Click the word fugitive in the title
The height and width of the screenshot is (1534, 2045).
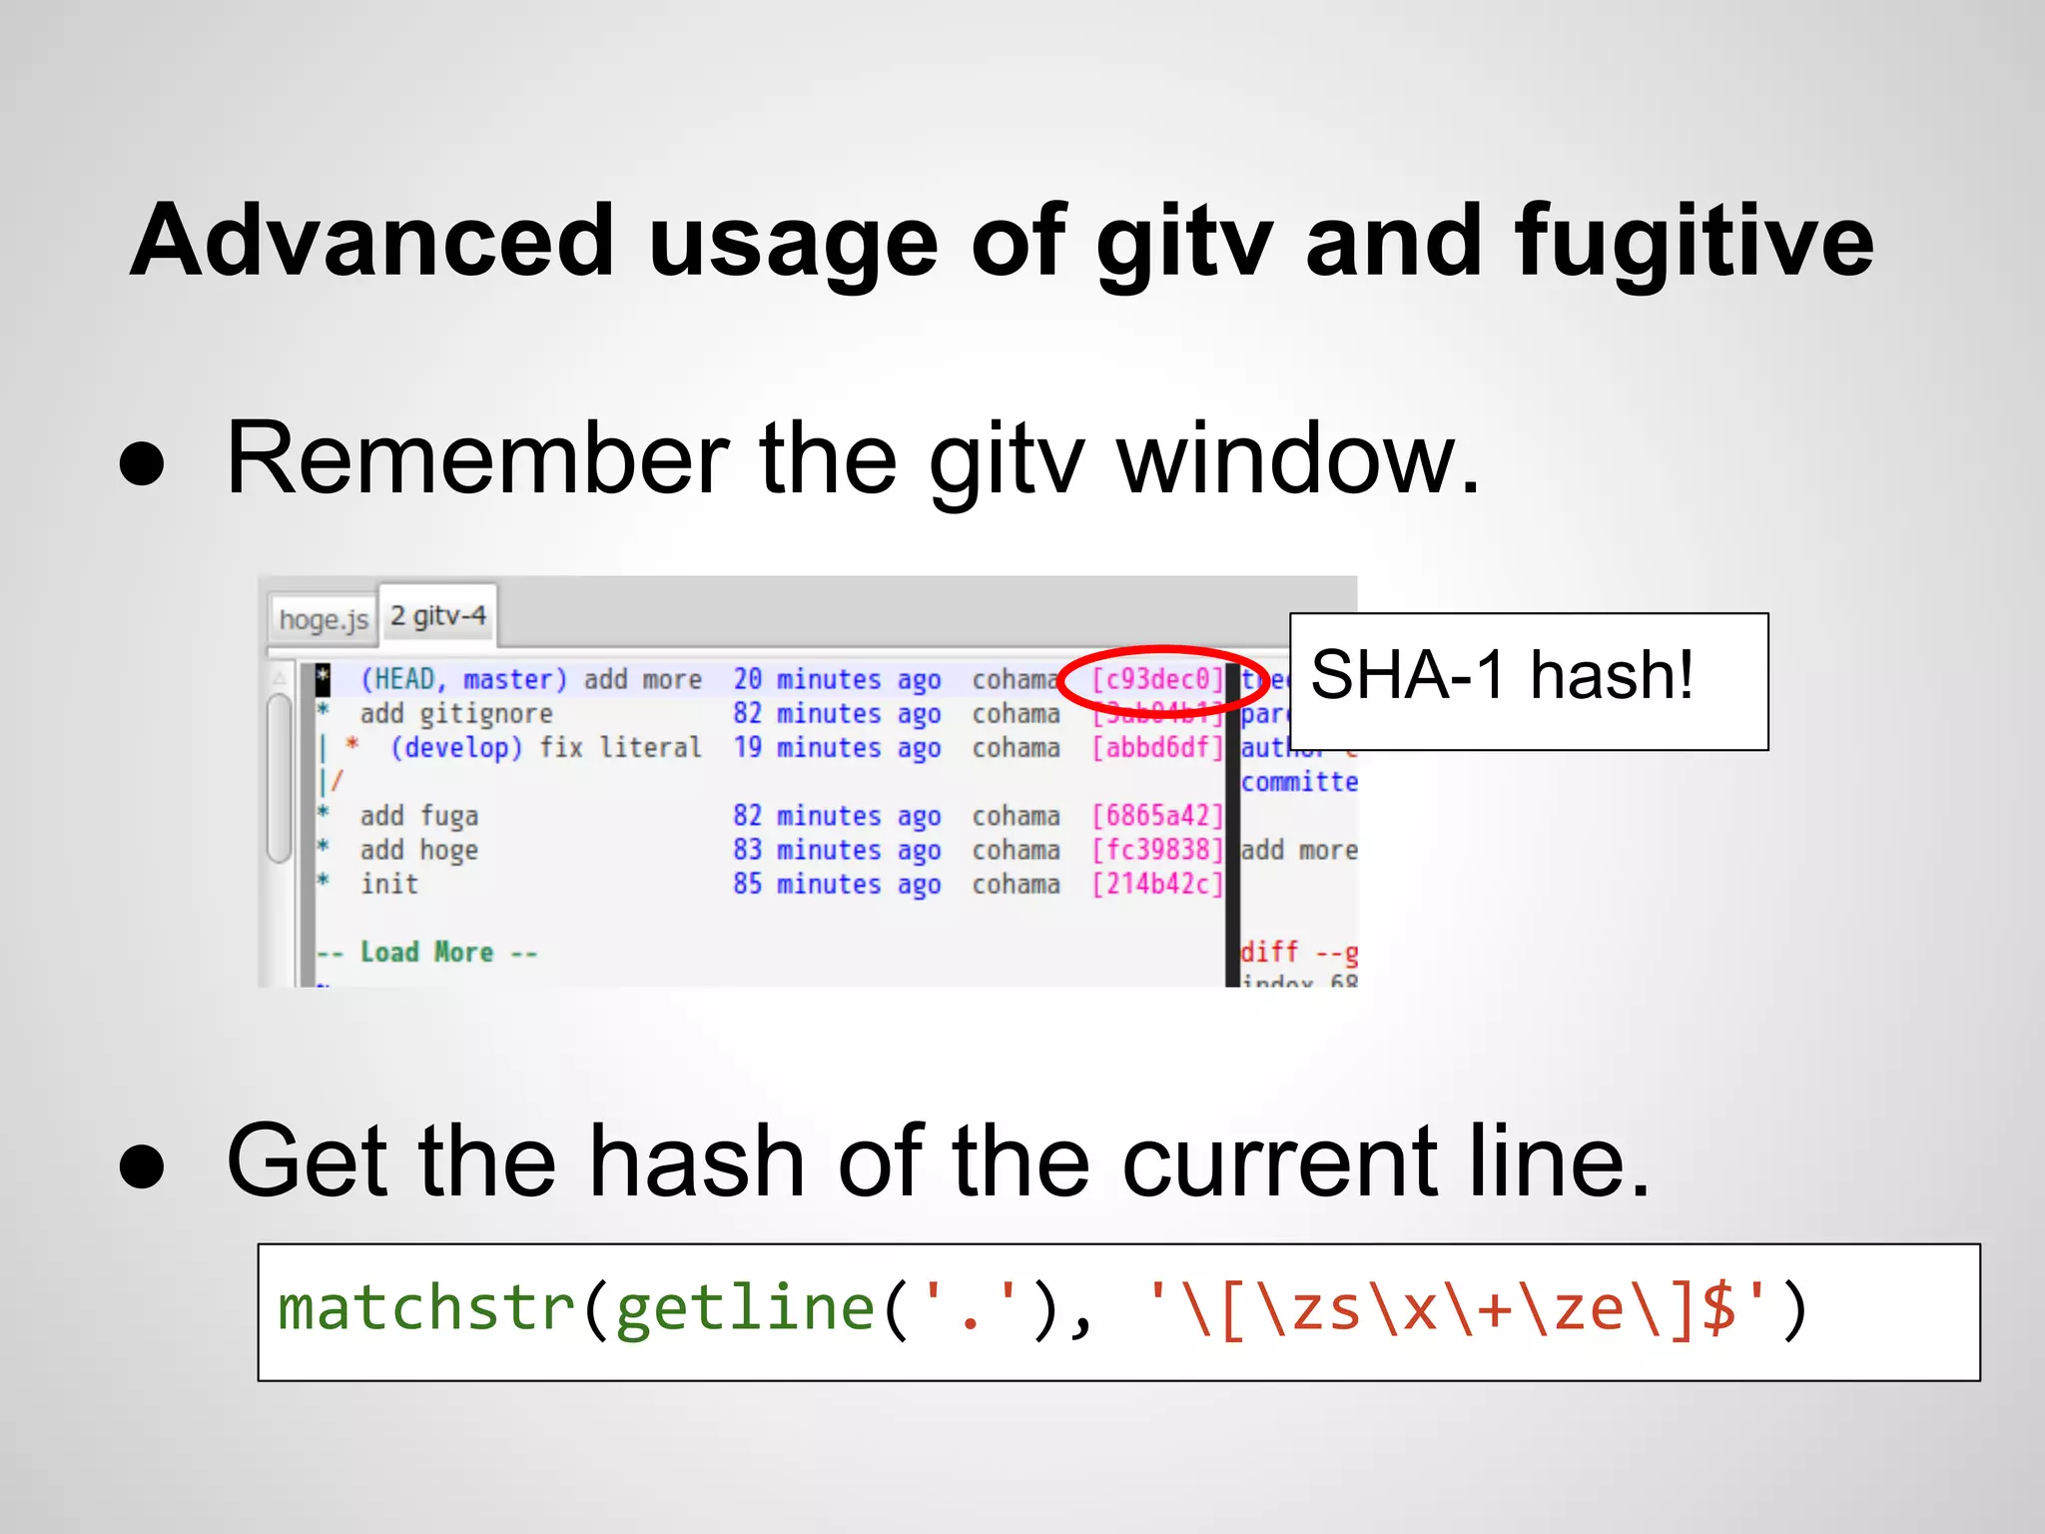point(1694,242)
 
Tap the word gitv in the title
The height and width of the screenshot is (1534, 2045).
point(1183,242)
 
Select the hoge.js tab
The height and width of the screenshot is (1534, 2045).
point(324,619)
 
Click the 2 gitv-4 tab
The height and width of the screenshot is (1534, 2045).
point(438,615)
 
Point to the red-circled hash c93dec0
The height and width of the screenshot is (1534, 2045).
point(1157,680)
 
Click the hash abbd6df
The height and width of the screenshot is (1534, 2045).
point(1157,748)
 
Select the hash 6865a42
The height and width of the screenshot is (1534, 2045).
point(1157,816)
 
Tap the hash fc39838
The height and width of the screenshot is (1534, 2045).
point(1157,850)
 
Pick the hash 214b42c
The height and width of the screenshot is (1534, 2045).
point(1157,884)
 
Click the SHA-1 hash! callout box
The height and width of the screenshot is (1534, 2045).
point(1528,681)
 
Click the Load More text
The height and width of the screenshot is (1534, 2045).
point(426,952)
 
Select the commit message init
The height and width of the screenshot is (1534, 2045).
point(389,884)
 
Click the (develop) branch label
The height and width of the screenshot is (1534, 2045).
point(455,748)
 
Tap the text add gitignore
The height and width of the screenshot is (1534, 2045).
point(455,714)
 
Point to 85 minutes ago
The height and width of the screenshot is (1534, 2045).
point(837,884)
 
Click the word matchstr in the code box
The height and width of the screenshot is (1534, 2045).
point(426,1309)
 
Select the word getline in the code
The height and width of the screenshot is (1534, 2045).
point(745,1309)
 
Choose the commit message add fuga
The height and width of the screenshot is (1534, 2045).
point(418,816)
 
